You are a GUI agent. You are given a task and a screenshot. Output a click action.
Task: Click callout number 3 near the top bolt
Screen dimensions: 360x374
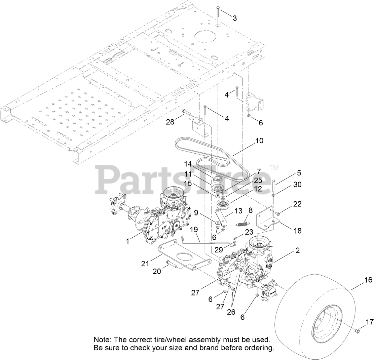(234, 18)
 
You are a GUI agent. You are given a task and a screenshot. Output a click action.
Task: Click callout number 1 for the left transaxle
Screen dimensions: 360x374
(127, 241)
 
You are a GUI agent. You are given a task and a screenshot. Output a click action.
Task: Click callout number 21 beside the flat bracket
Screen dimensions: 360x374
(145, 264)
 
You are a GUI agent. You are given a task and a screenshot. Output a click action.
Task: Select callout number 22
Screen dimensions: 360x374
(297, 204)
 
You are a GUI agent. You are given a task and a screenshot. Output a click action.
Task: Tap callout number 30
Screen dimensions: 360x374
(297, 185)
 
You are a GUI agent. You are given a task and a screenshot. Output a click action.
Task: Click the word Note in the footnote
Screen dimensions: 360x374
(103, 339)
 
